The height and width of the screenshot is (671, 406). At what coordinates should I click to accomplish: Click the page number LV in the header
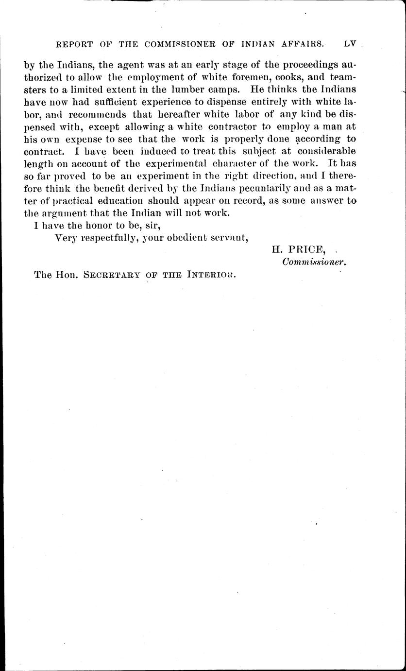pos(350,43)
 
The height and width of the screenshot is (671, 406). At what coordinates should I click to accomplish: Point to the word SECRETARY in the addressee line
pos(109,275)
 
